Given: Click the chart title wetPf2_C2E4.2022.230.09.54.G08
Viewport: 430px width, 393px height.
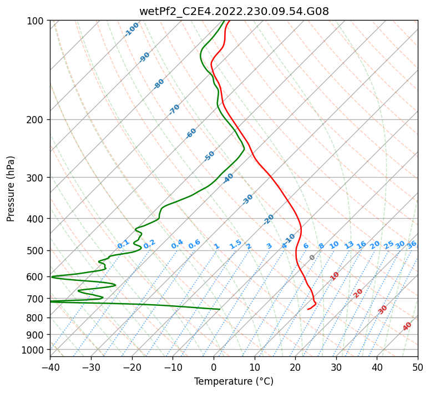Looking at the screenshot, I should (234, 12).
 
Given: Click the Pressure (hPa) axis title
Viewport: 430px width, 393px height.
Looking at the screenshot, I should (11, 188).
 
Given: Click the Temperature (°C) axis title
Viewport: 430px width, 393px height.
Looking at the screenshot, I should (234, 381).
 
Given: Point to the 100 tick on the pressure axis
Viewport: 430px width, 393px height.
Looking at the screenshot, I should (36, 21).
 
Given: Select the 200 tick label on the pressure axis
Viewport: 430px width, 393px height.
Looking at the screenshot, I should (36, 120).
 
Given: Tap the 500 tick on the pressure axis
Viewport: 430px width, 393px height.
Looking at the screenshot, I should (36, 250).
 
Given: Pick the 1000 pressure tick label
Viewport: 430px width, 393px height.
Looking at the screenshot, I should (34, 350).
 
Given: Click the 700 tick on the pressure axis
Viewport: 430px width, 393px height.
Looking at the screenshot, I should (36, 299).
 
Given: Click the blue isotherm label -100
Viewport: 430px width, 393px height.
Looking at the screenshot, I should (132, 29).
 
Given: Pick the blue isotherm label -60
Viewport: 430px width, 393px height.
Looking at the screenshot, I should (191, 133).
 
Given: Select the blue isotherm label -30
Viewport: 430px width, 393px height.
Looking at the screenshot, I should (247, 199).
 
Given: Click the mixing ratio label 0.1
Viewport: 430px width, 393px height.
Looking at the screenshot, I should (123, 244).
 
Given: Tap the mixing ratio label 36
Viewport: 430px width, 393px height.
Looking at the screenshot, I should (412, 244).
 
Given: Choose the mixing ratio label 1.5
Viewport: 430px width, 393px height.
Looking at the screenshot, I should (235, 244).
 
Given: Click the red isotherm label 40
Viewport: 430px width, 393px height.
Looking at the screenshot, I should (407, 326).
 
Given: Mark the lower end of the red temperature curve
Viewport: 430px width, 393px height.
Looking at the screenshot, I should (308, 309).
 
